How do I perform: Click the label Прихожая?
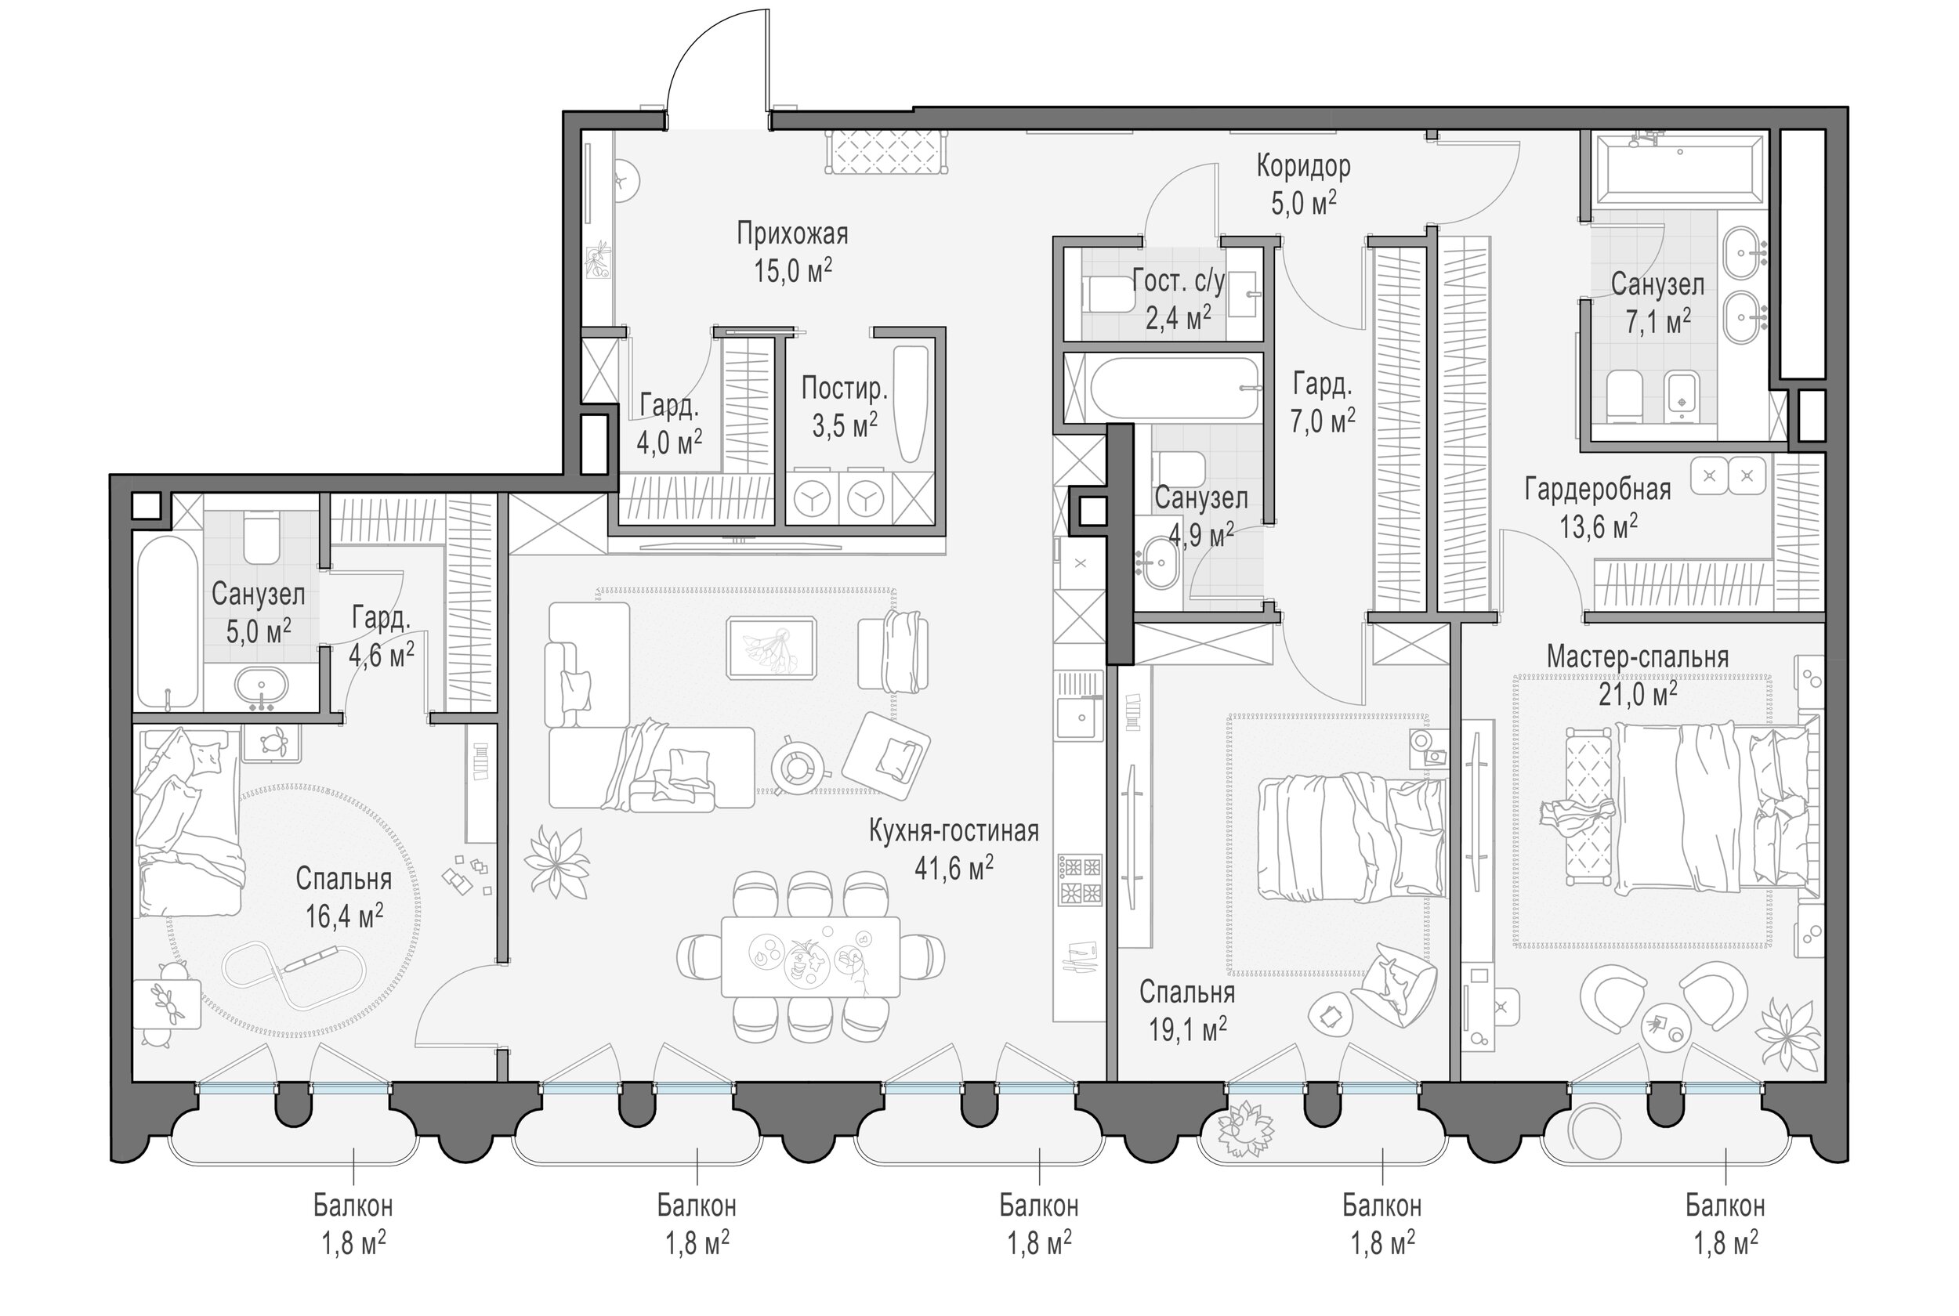tap(791, 233)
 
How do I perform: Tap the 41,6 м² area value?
tap(954, 869)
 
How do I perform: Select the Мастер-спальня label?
tap(1637, 656)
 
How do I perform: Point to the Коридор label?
tap(1302, 166)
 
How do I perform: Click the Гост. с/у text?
tap(1179, 280)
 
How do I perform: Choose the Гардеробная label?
tap(1597, 490)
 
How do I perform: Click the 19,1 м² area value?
tap(1187, 1029)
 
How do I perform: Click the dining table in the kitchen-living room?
tap(810, 956)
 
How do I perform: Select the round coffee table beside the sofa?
tap(795, 763)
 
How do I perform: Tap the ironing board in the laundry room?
tap(910, 403)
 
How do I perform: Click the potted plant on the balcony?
tap(1238, 1130)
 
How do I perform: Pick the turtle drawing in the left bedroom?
tap(271, 742)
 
